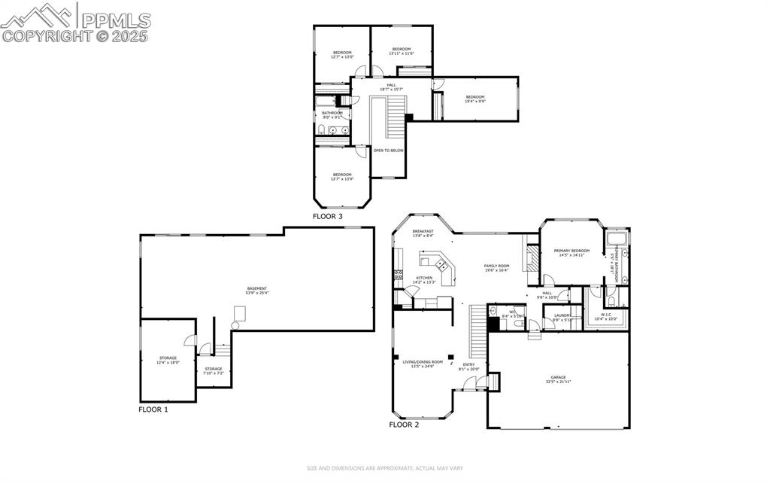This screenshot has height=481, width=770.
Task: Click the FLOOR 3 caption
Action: tap(328, 216)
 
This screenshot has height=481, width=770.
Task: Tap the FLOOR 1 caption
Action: tap(153, 409)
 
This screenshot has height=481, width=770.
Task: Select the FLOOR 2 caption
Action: tap(404, 425)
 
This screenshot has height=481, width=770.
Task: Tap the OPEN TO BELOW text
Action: tap(389, 151)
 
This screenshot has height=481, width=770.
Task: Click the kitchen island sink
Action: tap(442, 265)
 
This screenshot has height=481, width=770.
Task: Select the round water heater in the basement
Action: tap(235, 325)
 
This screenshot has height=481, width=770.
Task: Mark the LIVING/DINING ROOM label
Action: tap(423, 364)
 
